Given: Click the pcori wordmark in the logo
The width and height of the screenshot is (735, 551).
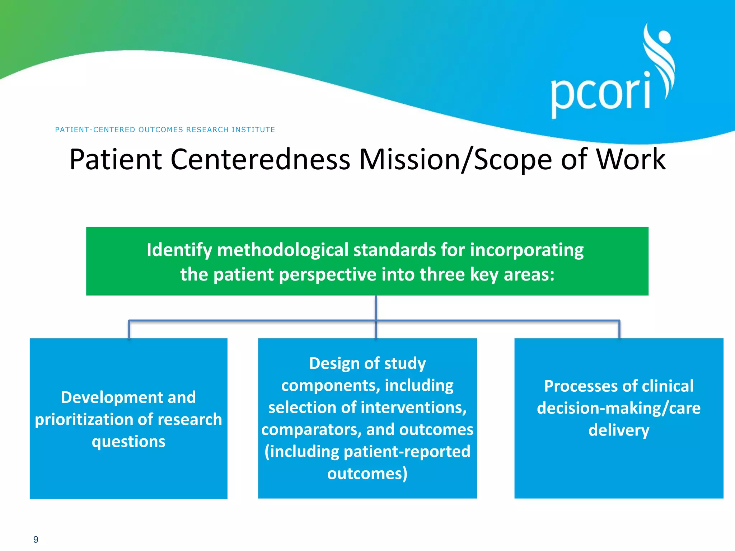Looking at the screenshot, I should pos(600,94).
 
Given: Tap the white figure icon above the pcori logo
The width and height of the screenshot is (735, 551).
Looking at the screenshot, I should pos(660,57).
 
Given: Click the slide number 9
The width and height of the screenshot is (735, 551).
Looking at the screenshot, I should pos(36,539).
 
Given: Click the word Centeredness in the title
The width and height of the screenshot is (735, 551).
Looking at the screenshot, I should pos(260,160).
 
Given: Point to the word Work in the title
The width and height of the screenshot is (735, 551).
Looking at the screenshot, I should pos(631,160).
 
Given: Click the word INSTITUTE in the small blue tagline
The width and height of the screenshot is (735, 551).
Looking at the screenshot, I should pos(253,129).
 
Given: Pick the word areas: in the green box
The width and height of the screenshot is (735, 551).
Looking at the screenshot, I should pos(529,275).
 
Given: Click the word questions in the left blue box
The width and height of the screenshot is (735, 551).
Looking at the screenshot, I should pos(128,442).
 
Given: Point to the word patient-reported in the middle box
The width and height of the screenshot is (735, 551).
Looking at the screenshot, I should pos(407,452).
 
